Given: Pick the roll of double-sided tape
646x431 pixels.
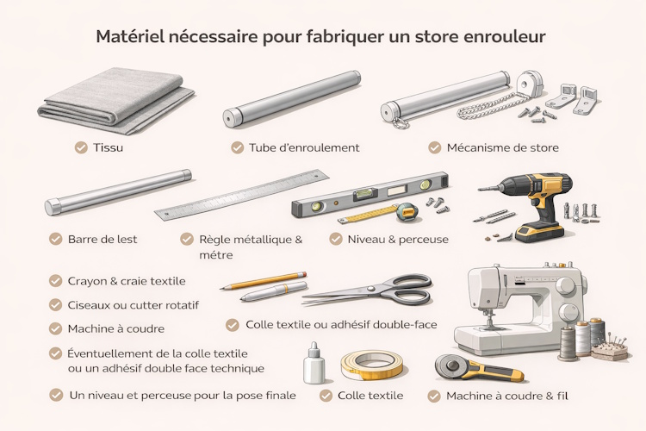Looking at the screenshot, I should pos(372,365).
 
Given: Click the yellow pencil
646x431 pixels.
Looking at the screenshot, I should pos(264,281).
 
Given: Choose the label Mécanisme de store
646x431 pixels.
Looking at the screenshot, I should pos(502,147).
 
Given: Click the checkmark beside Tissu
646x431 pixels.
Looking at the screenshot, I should pos(81,147).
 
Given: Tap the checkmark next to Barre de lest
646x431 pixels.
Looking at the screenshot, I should pos(56,239).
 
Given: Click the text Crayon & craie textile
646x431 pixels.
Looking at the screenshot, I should pos(127,280).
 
